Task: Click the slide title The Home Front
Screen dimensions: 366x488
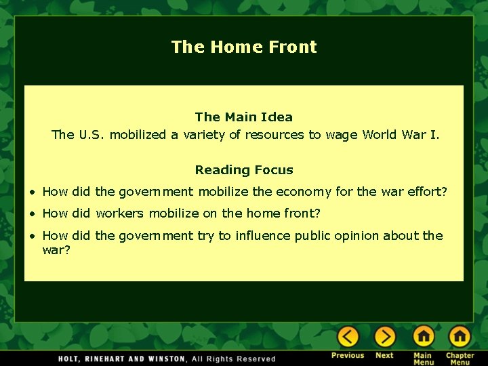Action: (x=244, y=47)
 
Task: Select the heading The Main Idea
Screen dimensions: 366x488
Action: (x=244, y=117)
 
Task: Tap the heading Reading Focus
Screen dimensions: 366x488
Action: (x=244, y=170)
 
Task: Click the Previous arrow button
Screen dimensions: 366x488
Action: (x=348, y=336)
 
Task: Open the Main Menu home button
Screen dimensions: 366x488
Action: (x=424, y=336)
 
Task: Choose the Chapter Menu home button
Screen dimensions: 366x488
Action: (x=460, y=336)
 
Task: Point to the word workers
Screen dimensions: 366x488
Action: (x=120, y=213)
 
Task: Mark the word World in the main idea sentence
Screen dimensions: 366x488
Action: (x=382, y=135)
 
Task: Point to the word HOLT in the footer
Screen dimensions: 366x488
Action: (x=72, y=359)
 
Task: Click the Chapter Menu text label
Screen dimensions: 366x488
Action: (x=460, y=359)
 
